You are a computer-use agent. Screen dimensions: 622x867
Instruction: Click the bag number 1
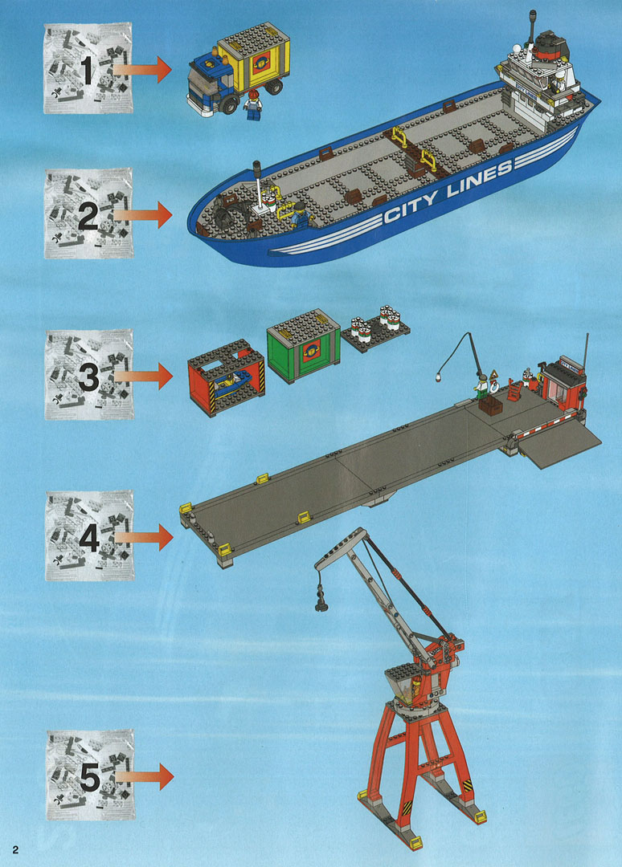click(87, 69)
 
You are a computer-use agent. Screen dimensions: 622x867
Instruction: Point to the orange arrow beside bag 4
click(145, 537)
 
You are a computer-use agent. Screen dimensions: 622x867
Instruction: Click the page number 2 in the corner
click(15, 850)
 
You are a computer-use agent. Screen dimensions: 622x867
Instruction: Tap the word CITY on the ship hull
click(411, 206)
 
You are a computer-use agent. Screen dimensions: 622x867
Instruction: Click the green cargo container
click(303, 346)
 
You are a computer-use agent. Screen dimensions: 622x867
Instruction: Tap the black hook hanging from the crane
click(321, 601)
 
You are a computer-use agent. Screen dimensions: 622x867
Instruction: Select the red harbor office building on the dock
click(563, 384)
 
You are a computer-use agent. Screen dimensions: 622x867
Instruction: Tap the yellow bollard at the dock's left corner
click(186, 507)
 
